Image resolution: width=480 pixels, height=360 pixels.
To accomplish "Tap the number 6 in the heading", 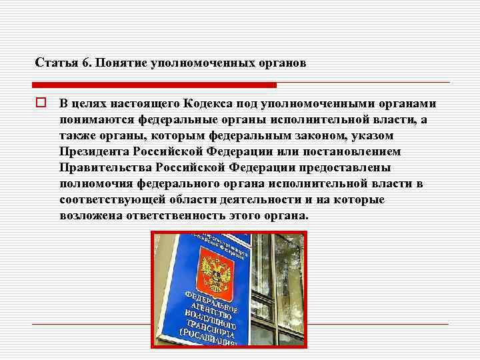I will pos(85,63).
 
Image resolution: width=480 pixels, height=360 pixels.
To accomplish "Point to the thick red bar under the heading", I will pos(154,85).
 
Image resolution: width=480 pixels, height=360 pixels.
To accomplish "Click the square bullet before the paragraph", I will pos(41,104).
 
